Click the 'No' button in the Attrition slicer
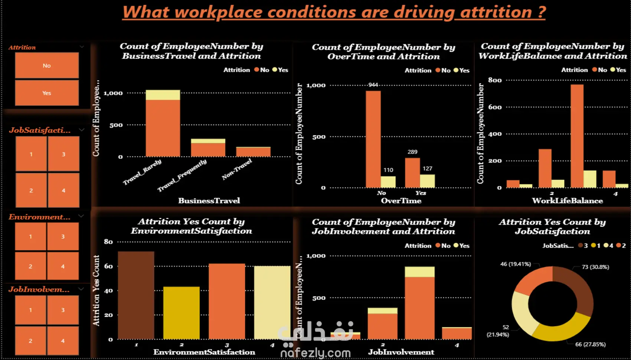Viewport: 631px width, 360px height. [47, 65]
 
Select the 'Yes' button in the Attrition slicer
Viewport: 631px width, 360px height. [47, 93]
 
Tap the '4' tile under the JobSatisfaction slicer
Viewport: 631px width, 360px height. [63, 190]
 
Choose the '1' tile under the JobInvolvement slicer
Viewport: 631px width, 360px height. [30, 310]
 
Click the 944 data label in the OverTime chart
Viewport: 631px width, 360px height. [373, 85]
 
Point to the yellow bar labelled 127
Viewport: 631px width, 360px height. [427, 181]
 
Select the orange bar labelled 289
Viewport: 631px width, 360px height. [412, 173]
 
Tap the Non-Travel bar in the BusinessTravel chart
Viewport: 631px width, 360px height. [253, 152]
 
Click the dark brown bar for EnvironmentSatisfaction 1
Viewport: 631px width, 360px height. [136, 295]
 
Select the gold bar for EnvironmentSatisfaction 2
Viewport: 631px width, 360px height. [182, 312]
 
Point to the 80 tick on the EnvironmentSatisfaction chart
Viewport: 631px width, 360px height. [108, 242]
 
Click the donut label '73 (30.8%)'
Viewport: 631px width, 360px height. [595, 267]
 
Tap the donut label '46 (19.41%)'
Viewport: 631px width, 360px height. [516, 264]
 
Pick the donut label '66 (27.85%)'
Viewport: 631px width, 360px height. [590, 344]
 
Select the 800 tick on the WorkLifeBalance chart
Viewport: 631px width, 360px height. [495, 80]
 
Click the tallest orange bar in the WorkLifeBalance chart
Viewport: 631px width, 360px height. [577, 136]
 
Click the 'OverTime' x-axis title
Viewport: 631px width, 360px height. [401, 201]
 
